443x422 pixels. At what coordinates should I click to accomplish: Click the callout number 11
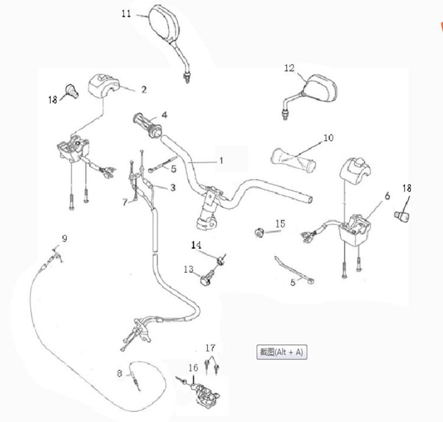[126, 14]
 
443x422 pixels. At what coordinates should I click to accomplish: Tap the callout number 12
[289, 68]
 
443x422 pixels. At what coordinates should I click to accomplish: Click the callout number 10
[328, 138]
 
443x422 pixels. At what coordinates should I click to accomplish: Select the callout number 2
[144, 90]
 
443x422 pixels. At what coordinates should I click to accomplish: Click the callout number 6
[387, 196]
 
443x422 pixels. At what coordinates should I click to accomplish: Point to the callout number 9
[64, 238]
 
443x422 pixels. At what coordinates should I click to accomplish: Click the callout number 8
[119, 373]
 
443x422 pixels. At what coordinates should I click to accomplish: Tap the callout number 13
[188, 270]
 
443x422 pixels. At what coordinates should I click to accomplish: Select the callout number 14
[196, 245]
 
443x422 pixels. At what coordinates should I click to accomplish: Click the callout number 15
[280, 224]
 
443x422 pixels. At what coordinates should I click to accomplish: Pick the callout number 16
[193, 368]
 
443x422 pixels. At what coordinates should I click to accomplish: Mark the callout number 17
[210, 348]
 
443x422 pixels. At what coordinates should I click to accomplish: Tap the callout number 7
[125, 202]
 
